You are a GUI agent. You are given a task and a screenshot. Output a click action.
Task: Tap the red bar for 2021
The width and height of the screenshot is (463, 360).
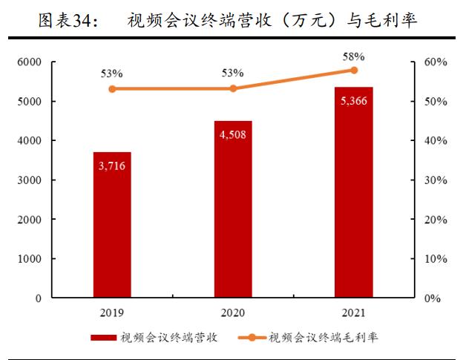(354, 192)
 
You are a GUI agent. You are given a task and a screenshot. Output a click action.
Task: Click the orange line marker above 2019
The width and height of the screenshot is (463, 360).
(112, 89)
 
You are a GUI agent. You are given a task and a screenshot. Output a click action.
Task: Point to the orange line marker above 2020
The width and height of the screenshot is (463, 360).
(233, 88)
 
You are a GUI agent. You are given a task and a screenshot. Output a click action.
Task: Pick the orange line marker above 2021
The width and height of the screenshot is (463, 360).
(354, 70)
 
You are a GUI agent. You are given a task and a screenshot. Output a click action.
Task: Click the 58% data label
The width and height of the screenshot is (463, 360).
(353, 55)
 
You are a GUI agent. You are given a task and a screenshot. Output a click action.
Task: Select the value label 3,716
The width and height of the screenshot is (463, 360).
(112, 166)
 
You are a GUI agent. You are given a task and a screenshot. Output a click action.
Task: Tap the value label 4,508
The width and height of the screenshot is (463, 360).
(233, 134)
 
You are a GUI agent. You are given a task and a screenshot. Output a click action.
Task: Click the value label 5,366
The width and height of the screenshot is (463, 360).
(354, 100)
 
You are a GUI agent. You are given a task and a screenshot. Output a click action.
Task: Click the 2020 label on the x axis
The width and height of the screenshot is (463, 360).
(233, 312)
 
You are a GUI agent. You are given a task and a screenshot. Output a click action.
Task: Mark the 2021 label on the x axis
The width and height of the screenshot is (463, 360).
(354, 312)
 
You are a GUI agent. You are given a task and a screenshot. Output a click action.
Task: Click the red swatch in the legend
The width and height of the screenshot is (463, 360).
(104, 338)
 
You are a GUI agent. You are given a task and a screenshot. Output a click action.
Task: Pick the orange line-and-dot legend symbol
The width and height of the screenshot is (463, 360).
(252, 338)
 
